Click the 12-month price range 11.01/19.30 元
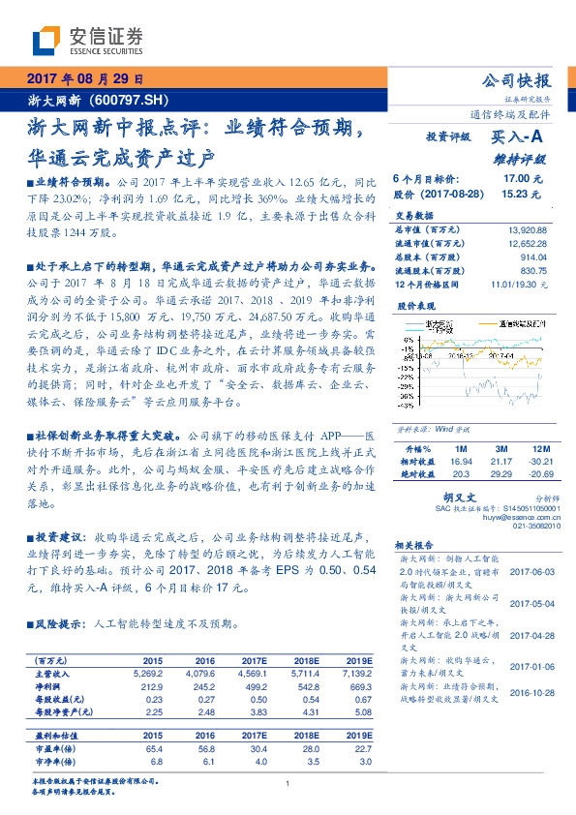(x=519, y=285)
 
